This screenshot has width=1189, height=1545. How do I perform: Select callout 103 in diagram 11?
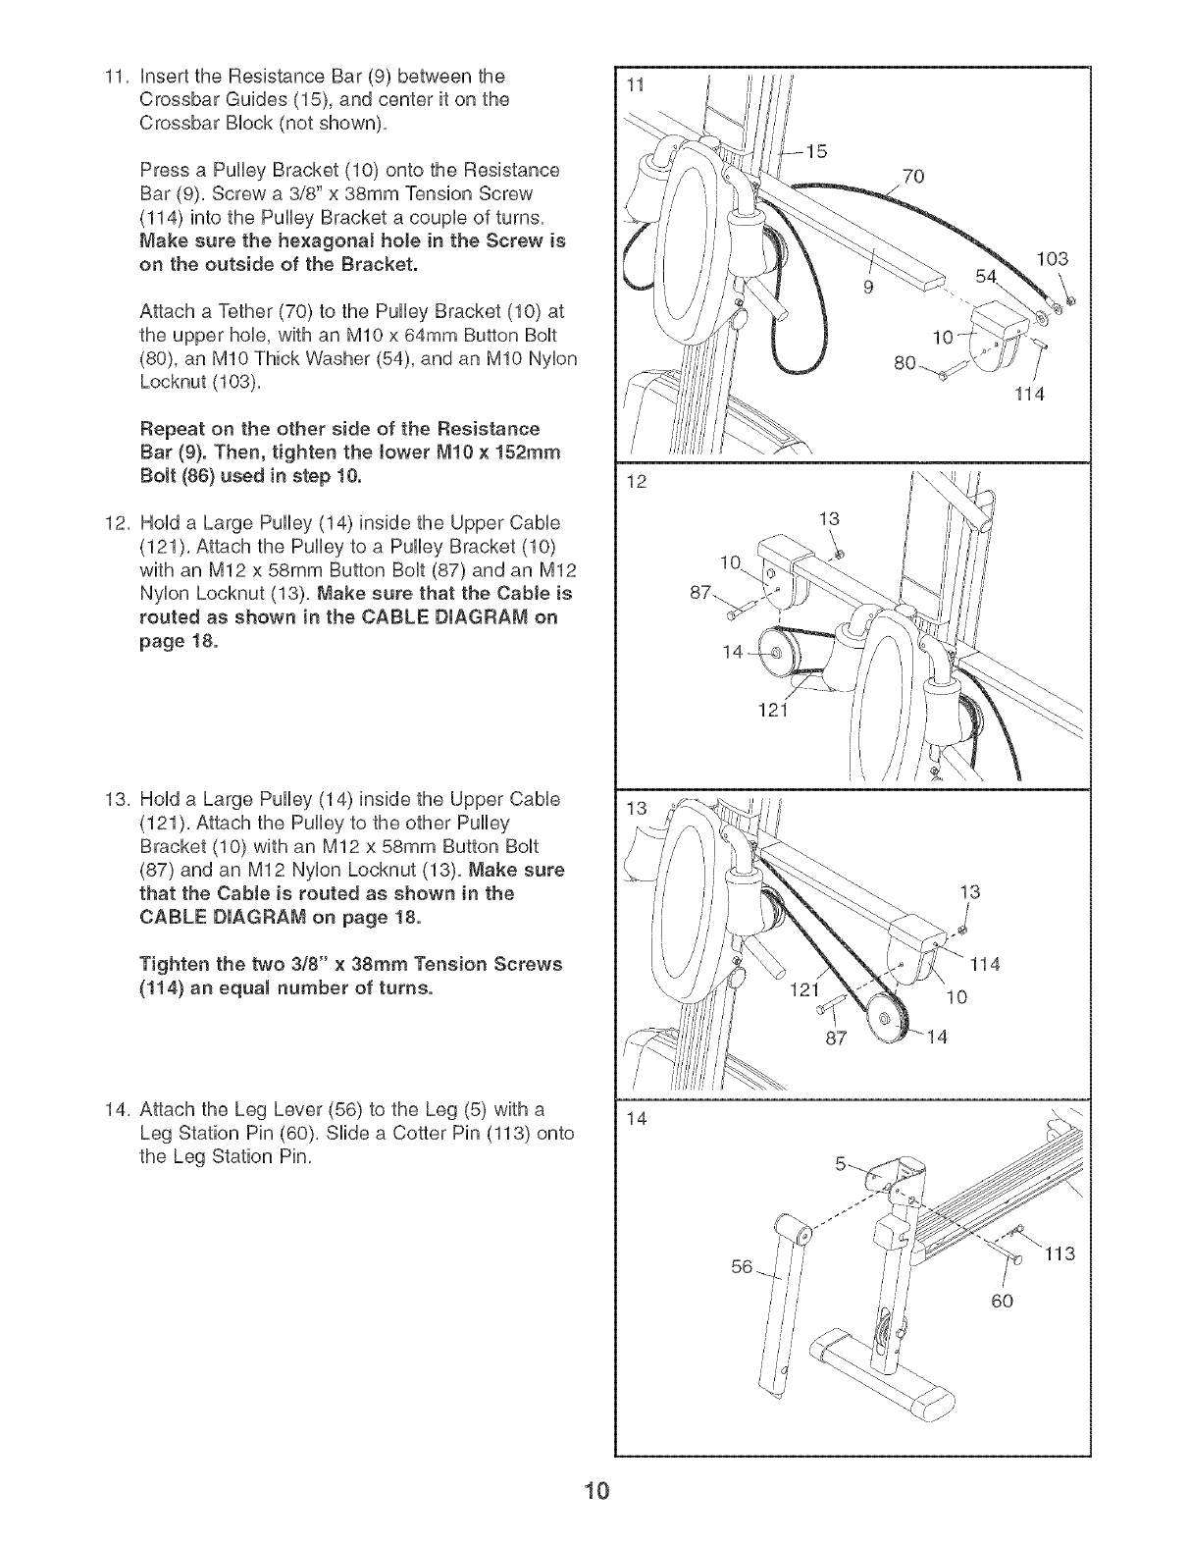[1052, 259]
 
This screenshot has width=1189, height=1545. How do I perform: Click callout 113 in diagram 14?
[1060, 1254]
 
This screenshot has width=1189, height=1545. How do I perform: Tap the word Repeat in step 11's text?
[174, 429]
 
